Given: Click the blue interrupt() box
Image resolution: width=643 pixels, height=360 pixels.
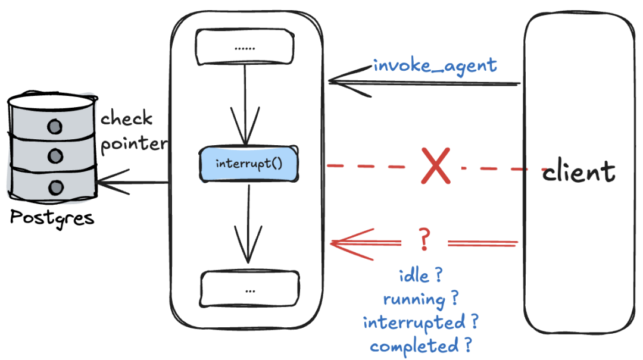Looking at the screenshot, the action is [x=247, y=164].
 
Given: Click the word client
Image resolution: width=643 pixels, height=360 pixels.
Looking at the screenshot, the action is [x=578, y=172].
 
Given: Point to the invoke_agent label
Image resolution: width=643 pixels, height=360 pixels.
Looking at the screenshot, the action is [x=435, y=65].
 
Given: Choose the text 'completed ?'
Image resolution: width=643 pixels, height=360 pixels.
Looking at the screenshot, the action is [x=421, y=345].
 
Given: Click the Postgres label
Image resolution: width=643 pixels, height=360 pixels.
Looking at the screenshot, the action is [x=52, y=217].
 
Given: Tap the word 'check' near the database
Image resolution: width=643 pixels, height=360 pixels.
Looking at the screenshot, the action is [x=126, y=118].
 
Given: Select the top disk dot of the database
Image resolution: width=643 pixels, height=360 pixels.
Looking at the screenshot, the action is [x=55, y=127].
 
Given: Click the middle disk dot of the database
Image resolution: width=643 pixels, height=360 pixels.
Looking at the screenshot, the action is [x=55, y=156].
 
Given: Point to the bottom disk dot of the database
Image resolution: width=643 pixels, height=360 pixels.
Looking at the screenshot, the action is [x=55, y=187].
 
